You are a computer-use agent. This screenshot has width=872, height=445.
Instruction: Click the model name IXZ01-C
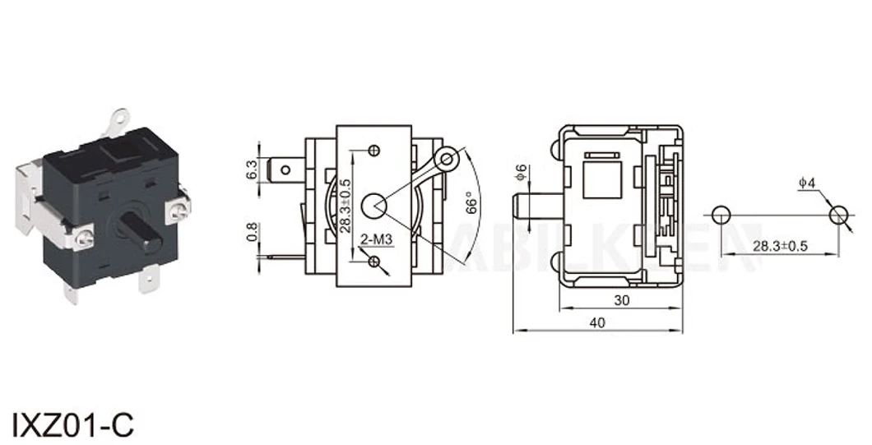[72, 424]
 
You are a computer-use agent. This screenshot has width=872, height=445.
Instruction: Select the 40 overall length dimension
[597, 322]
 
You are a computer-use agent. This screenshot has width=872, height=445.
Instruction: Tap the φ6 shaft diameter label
[520, 173]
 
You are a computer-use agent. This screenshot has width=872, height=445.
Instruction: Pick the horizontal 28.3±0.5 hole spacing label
[780, 245]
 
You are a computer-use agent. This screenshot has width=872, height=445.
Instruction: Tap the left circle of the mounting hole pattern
[721, 216]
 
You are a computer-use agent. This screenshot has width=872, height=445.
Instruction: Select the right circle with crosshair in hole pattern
[837, 216]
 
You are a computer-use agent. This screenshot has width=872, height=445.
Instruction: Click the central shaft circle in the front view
[375, 202]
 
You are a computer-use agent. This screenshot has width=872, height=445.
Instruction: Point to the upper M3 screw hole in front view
[375, 150]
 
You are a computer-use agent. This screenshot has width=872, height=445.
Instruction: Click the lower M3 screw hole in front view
[375, 262]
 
